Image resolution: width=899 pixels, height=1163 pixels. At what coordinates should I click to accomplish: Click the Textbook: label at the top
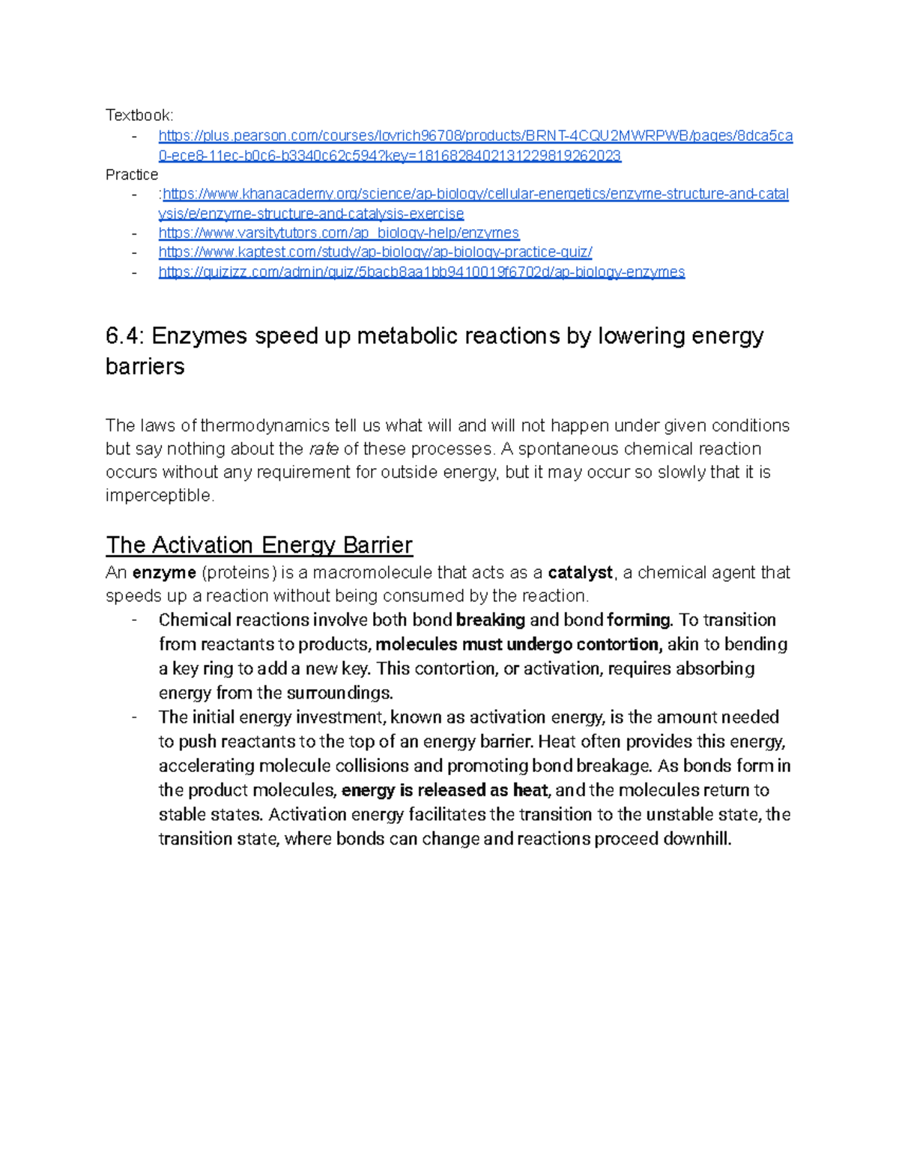(139, 115)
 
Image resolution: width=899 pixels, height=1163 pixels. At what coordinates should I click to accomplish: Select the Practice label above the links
(132, 174)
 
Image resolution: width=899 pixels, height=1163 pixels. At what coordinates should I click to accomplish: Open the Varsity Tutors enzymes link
(339, 233)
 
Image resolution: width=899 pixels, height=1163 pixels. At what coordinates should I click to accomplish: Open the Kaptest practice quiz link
(375, 252)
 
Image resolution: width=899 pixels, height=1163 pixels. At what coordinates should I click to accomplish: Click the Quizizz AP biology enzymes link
(421, 272)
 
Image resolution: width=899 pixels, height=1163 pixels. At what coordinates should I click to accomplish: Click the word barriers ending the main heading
(145, 367)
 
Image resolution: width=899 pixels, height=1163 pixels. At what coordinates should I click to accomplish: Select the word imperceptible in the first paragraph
(160, 496)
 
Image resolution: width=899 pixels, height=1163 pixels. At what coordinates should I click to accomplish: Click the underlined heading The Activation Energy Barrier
(259, 545)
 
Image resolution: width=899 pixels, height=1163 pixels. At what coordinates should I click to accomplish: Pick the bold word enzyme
(164, 573)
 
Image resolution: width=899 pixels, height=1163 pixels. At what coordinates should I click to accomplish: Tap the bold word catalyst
(581, 573)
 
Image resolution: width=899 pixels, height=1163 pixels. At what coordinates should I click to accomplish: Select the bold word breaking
(491, 620)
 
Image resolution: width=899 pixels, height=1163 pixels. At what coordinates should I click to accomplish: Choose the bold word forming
(639, 620)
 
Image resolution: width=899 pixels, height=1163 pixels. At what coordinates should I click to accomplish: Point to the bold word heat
(530, 791)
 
